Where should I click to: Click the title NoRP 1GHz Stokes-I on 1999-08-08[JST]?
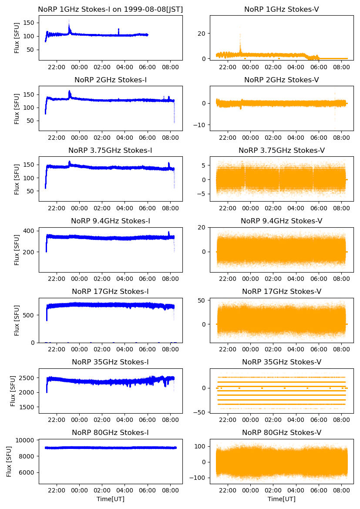110,9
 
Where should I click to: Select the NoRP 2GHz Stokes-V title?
281,80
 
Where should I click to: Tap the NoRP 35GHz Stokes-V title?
281,362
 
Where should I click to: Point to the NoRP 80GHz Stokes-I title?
110,432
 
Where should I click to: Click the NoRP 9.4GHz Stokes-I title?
110,221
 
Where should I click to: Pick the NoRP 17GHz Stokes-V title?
281,291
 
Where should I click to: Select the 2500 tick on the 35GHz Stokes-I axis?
27,378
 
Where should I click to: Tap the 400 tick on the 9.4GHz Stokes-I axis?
30,230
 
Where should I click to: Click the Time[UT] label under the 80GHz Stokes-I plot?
110,499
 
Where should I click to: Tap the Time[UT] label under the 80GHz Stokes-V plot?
281,499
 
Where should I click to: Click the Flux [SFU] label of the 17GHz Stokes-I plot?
17,320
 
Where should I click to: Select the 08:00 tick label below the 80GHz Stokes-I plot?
170,490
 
